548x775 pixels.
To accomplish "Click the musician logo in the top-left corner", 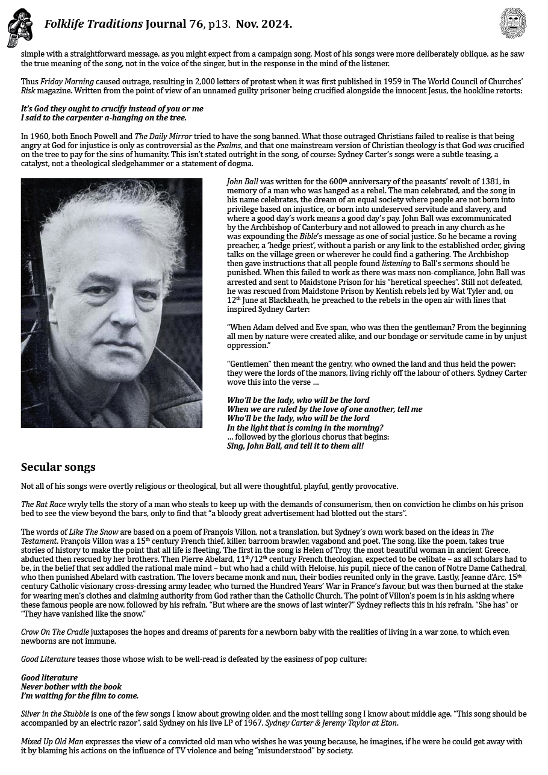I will pyautogui.click(x=19, y=28).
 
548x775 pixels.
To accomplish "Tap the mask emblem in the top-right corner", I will pyautogui.click(x=513, y=23).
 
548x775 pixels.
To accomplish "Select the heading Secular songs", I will pyautogui.click(x=58, y=467).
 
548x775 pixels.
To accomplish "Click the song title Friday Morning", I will pyautogui.click(x=67, y=82).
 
